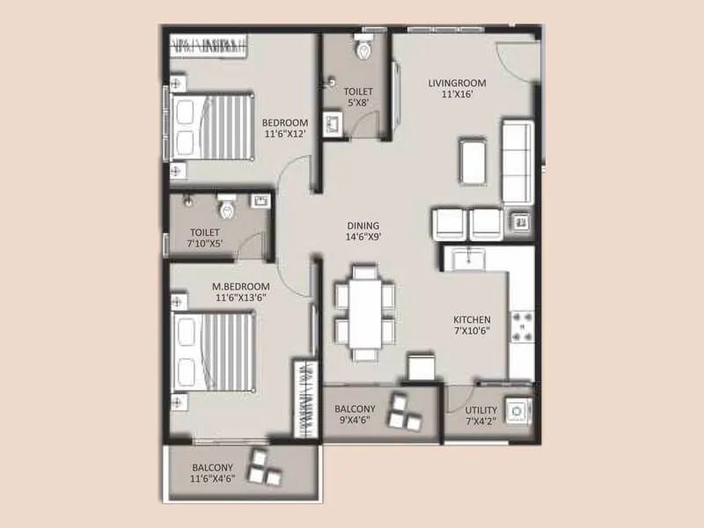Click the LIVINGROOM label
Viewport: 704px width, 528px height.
pyautogui.click(x=457, y=84)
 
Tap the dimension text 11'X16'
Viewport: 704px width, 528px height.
pyautogui.click(x=457, y=96)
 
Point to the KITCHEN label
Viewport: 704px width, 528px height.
pyautogui.click(x=472, y=319)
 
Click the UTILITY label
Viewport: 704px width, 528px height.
pyautogui.click(x=480, y=410)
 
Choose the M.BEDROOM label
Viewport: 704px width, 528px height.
pyautogui.click(x=240, y=287)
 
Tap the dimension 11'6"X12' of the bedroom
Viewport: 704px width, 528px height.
pyautogui.click(x=285, y=135)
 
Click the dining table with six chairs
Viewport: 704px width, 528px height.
pyautogui.click(x=363, y=312)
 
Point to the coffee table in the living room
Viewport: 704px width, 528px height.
pyautogui.click(x=472, y=161)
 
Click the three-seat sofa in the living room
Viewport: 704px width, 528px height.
pyautogui.click(x=516, y=161)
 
